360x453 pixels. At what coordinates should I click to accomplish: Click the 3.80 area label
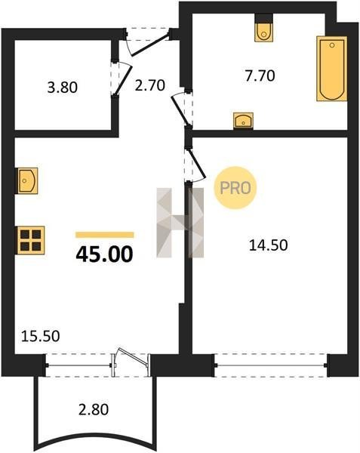[63, 88]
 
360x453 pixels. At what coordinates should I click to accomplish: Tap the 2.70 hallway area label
[150, 85]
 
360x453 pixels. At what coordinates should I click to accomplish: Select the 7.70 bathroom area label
[260, 75]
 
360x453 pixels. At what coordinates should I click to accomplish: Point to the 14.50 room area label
[268, 245]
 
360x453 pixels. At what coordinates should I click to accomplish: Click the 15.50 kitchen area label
[41, 336]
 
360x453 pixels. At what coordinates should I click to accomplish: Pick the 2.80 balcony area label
[94, 410]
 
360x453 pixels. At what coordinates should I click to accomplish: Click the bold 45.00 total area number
[104, 254]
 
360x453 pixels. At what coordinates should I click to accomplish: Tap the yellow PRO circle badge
[235, 188]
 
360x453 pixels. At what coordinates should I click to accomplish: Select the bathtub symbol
[332, 69]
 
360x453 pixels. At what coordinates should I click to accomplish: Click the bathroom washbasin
[243, 120]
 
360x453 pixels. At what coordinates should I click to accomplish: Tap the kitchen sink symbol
[28, 180]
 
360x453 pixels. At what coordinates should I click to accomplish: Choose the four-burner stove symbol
[31, 240]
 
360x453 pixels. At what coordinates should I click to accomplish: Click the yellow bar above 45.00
[104, 235]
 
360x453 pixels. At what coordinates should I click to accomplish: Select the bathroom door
[180, 109]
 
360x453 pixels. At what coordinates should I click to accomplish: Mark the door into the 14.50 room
[196, 165]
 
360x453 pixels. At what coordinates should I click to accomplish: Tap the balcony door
[131, 361]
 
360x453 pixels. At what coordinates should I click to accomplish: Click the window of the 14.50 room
[271, 365]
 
